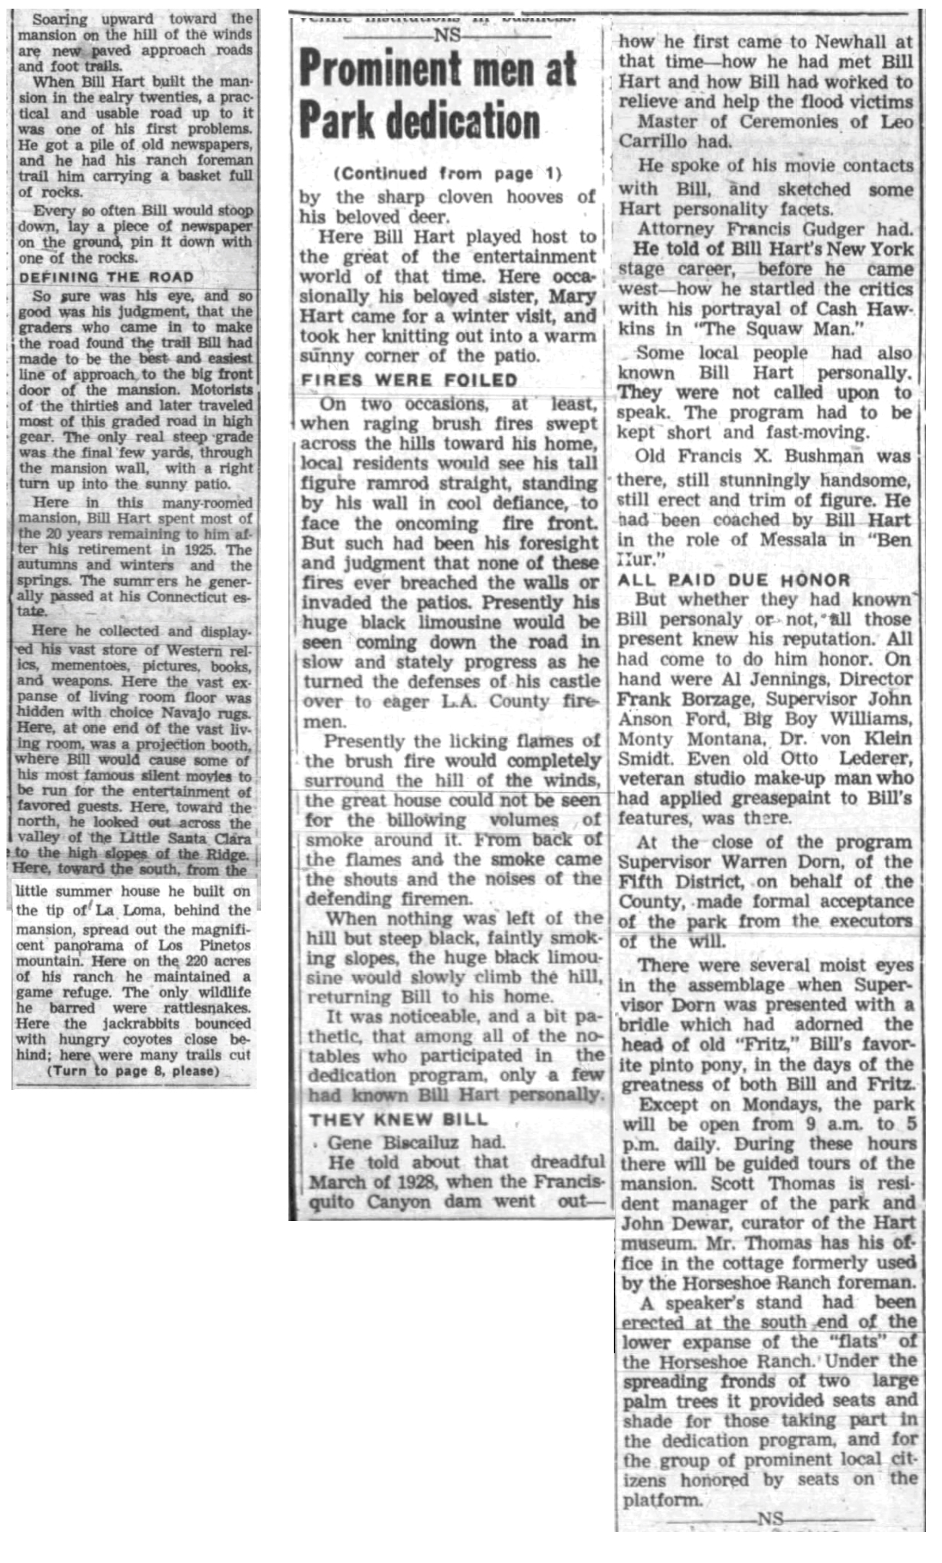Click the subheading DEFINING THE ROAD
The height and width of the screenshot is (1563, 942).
106,277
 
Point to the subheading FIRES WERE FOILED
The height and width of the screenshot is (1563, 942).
409,380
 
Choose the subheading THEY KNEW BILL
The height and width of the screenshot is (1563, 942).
399,1120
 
